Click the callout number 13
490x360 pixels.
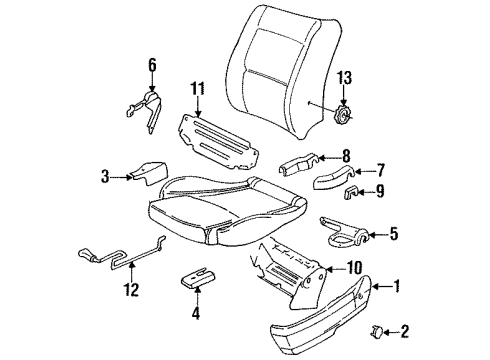pos(344,78)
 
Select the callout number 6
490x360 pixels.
pos(152,65)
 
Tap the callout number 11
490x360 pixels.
pos(198,89)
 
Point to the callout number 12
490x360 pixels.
pos(132,289)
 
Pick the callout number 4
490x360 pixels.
pos(196,313)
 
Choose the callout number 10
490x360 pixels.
pos(354,267)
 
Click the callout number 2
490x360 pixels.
pos(404,332)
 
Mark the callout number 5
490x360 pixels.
pos(394,234)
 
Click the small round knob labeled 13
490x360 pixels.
pos(342,116)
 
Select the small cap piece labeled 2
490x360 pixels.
pos(377,332)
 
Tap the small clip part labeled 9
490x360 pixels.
pos(350,193)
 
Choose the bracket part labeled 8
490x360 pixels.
pos(299,163)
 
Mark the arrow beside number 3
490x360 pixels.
pos(121,177)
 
